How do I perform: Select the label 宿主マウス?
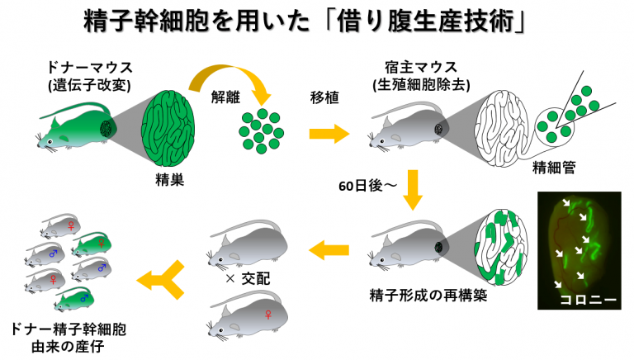tap(410, 65)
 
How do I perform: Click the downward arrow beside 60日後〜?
tap(414, 192)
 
